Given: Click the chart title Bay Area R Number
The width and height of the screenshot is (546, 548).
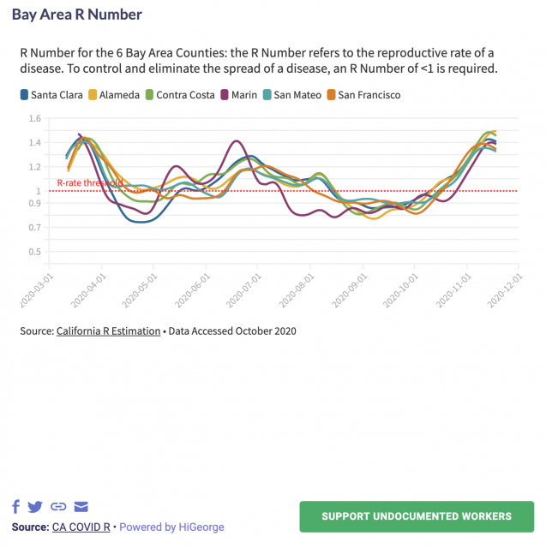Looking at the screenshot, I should tap(77, 15).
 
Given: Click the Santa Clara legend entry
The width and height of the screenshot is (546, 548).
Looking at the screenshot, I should tap(51, 95).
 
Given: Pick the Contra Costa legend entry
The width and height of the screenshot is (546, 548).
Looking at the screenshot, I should tap(180, 95).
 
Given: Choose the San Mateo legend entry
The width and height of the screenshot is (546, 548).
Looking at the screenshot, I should tap(292, 95).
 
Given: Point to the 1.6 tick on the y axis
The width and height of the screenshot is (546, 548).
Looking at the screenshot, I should tap(35, 119).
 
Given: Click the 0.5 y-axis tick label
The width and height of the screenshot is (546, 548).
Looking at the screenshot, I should tap(35, 252).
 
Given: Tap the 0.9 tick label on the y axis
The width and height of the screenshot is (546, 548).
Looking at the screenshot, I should tap(35, 203).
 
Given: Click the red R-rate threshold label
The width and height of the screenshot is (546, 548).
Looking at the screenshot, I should tap(89, 183).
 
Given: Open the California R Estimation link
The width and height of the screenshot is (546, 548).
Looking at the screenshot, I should tap(108, 331).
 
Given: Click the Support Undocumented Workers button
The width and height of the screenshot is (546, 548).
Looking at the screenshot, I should tap(416, 516).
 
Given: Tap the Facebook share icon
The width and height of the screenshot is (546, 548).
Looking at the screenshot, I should tap(16, 507).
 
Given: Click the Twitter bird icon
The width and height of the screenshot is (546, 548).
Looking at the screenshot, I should tap(35, 507).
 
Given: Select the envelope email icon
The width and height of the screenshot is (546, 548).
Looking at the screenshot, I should tap(81, 507).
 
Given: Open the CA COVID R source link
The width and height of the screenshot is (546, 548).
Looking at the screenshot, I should tap(82, 527).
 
